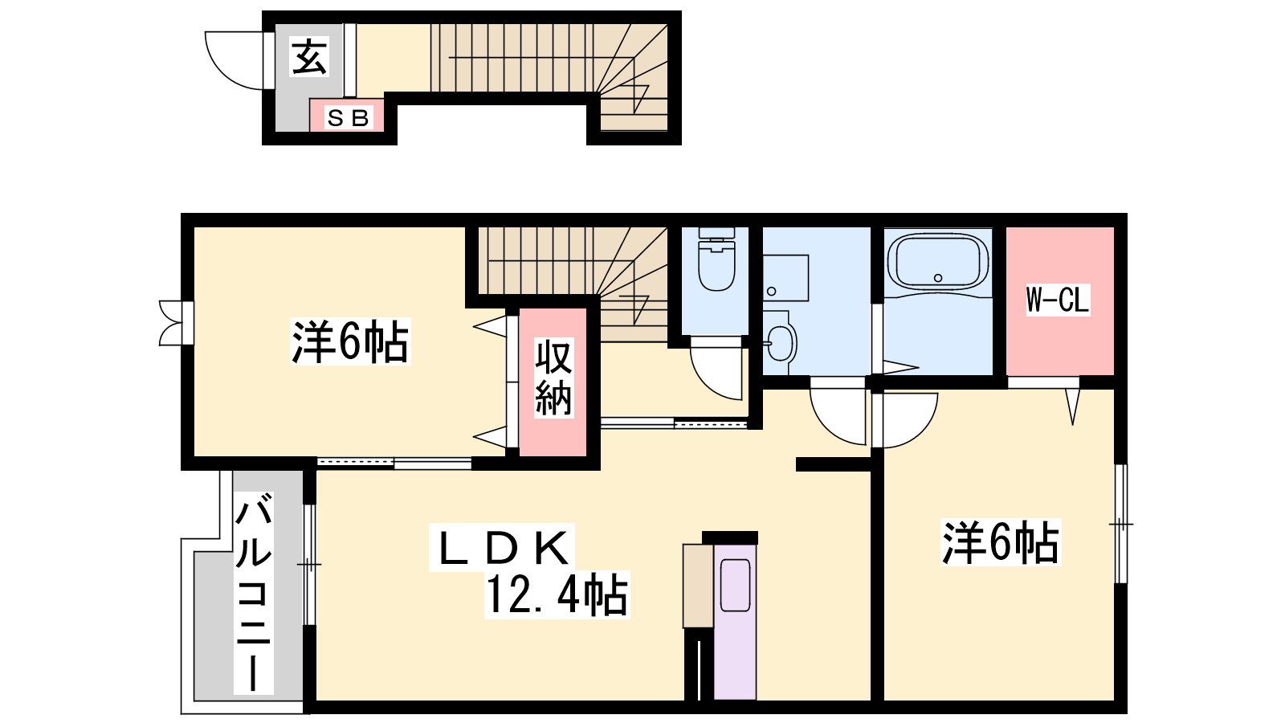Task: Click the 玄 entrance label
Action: point(310,56)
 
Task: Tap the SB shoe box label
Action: point(348,118)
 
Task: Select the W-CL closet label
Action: point(1057,300)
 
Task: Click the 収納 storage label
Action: point(553,377)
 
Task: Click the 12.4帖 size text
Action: point(557,595)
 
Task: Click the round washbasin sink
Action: point(780,343)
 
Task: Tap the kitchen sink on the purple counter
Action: point(735,586)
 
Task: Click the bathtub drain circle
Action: point(938,278)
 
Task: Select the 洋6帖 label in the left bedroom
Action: point(350,341)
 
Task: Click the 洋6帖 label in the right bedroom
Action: point(1000,541)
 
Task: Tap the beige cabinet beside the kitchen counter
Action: point(698,586)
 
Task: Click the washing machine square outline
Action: point(785,278)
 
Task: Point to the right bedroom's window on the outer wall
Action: point(1121,524)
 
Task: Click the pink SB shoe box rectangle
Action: point(347,116)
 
